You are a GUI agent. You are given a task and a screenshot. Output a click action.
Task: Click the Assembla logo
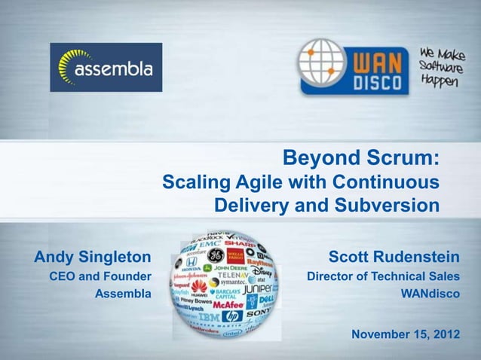click(x=106, y=68)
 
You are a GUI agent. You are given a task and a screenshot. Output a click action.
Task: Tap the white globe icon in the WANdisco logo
click(x=320, y=63)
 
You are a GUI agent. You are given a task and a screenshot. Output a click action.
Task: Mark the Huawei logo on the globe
click(x=199, y=287)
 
